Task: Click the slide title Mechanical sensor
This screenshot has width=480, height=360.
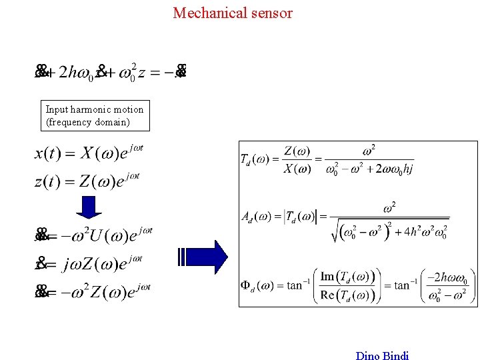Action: point(233,13)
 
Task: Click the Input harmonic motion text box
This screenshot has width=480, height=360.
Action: point(94,116)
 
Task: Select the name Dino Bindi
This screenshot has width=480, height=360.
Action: point(382,355)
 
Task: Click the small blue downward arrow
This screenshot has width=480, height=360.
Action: point(89,205)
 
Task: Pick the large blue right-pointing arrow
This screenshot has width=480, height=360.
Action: point(204,256)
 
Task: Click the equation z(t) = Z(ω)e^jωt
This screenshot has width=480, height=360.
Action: point(89,181)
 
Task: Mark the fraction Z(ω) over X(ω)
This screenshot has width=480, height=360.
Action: point(297,160)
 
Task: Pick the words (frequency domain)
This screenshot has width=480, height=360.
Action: point(78,123)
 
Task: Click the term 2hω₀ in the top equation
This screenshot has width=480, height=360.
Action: point(76,72)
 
